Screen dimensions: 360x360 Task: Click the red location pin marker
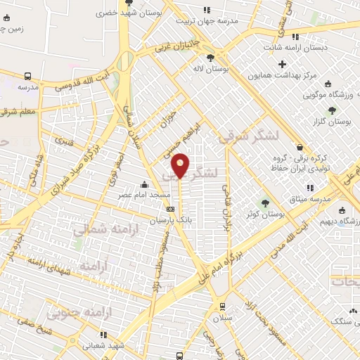(x=181, y=165)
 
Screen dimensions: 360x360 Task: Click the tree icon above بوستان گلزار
(x=331, y=110)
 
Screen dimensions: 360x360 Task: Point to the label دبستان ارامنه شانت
(x=290, y=47)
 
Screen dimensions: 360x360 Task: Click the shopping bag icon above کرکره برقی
(x=300, y=148)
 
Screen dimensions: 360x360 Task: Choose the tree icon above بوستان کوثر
(x=265, y=203)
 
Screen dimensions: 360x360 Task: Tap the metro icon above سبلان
(x=222, y=307)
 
